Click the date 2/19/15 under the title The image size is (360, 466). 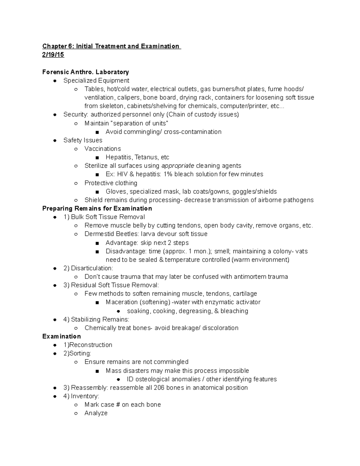pyautogui.click(x=53, y=55)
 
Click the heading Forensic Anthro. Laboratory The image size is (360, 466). pyautogui.click(x=85, y=72)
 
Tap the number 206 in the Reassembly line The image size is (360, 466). pyautogui.click(x=159, y=388)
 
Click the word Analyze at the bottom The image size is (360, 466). pyautogui.click(x=96, y=413)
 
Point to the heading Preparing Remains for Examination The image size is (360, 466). pyautogui.click(x=97, y=209)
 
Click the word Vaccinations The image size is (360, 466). pyautogui.click(x=103, y=149)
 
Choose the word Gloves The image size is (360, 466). pyautogui.click(x=116, y=192)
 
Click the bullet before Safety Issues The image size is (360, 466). pyautogui.click(x=55, y=140)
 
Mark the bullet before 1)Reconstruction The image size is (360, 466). pyautogui.click(x=55, y=345)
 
